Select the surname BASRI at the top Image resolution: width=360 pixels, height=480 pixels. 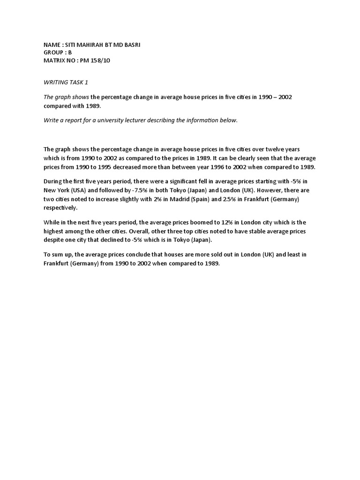pos(129,45)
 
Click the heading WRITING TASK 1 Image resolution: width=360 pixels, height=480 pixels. pos(66,82)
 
